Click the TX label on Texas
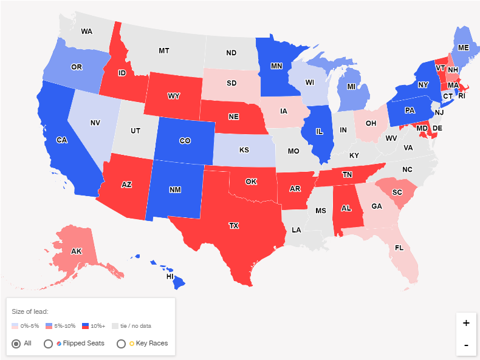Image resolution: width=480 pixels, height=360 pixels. (x=234, y=225)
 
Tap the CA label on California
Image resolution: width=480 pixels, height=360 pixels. (x=61, y=140)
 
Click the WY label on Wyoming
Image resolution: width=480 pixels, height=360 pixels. (x=174, y=97)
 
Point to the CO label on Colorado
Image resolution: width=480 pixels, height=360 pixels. (x=185, y=141)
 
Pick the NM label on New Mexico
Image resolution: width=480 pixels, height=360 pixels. (x=175, y=190)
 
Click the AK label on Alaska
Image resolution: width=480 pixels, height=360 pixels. (x=77, y=251)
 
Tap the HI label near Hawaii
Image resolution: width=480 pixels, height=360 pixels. (x=171, y=276)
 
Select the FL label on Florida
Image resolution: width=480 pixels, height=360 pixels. (x=399, y=248)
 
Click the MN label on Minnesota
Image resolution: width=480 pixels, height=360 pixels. (x=276, y=66)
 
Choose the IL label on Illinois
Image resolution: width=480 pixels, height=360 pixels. (x=319, y=131)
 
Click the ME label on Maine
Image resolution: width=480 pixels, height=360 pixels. (x=464, y=47)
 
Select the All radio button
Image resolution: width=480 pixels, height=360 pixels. (x=16, y=344)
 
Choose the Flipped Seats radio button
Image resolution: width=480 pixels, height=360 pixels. (x=48, y=344)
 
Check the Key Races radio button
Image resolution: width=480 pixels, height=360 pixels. (x=121, y=344)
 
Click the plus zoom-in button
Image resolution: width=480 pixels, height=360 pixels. (x=466, y=323)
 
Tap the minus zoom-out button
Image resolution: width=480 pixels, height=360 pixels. (x=466, y=345)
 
